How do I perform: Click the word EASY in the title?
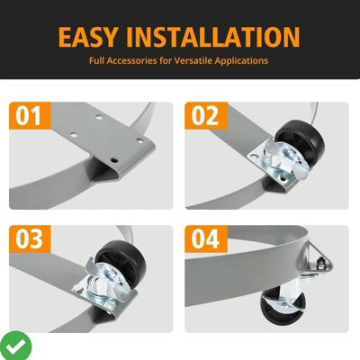87,37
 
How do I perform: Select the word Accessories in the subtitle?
132,60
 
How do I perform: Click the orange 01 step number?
29,116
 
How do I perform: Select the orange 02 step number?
205,116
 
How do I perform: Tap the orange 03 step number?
29,238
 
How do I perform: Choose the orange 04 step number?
205,238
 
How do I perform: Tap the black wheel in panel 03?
121,259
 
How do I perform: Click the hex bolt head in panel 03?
78,289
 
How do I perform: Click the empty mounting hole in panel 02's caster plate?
255,157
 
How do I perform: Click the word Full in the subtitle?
96,60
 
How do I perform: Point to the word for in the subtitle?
166,60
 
